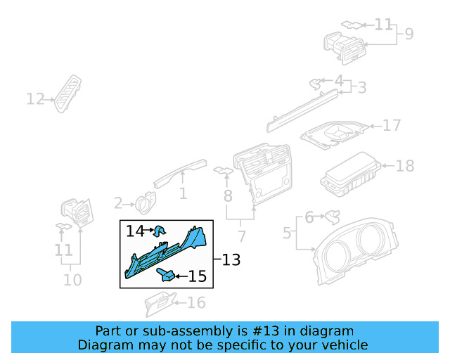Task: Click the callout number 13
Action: (231, 260)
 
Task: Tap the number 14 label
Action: (134, 231)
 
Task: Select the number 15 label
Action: (198, 276)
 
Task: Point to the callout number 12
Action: (35, 99)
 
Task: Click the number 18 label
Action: (405, 166)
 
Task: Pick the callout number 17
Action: (392, 125)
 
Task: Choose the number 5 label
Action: (287, 232)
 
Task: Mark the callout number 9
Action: (409, 33)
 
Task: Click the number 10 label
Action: (72, 280)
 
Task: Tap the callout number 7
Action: (241, 236)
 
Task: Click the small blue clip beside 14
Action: (160, 229)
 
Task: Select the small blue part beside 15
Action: (167, 275)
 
